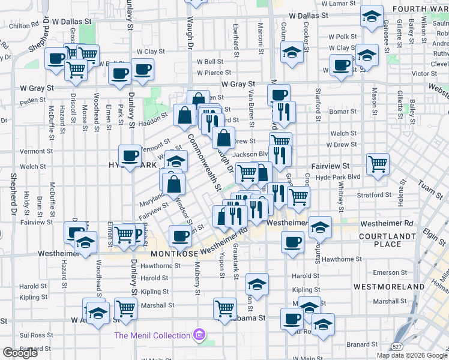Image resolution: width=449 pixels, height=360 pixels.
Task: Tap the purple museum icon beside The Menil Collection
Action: coord(199,335)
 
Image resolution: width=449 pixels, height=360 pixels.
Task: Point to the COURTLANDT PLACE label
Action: coord(388,240)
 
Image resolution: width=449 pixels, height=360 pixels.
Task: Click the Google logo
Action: coord(20,353)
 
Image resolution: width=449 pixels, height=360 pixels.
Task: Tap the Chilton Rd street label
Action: coord(24,26)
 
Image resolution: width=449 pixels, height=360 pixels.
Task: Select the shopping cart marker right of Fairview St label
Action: coord(378,163)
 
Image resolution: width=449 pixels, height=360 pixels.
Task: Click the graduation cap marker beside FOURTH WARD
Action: coord(372,15)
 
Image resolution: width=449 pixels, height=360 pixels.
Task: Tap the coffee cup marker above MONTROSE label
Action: coord(180,236)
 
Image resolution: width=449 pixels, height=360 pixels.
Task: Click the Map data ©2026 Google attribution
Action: coord(412,355)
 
